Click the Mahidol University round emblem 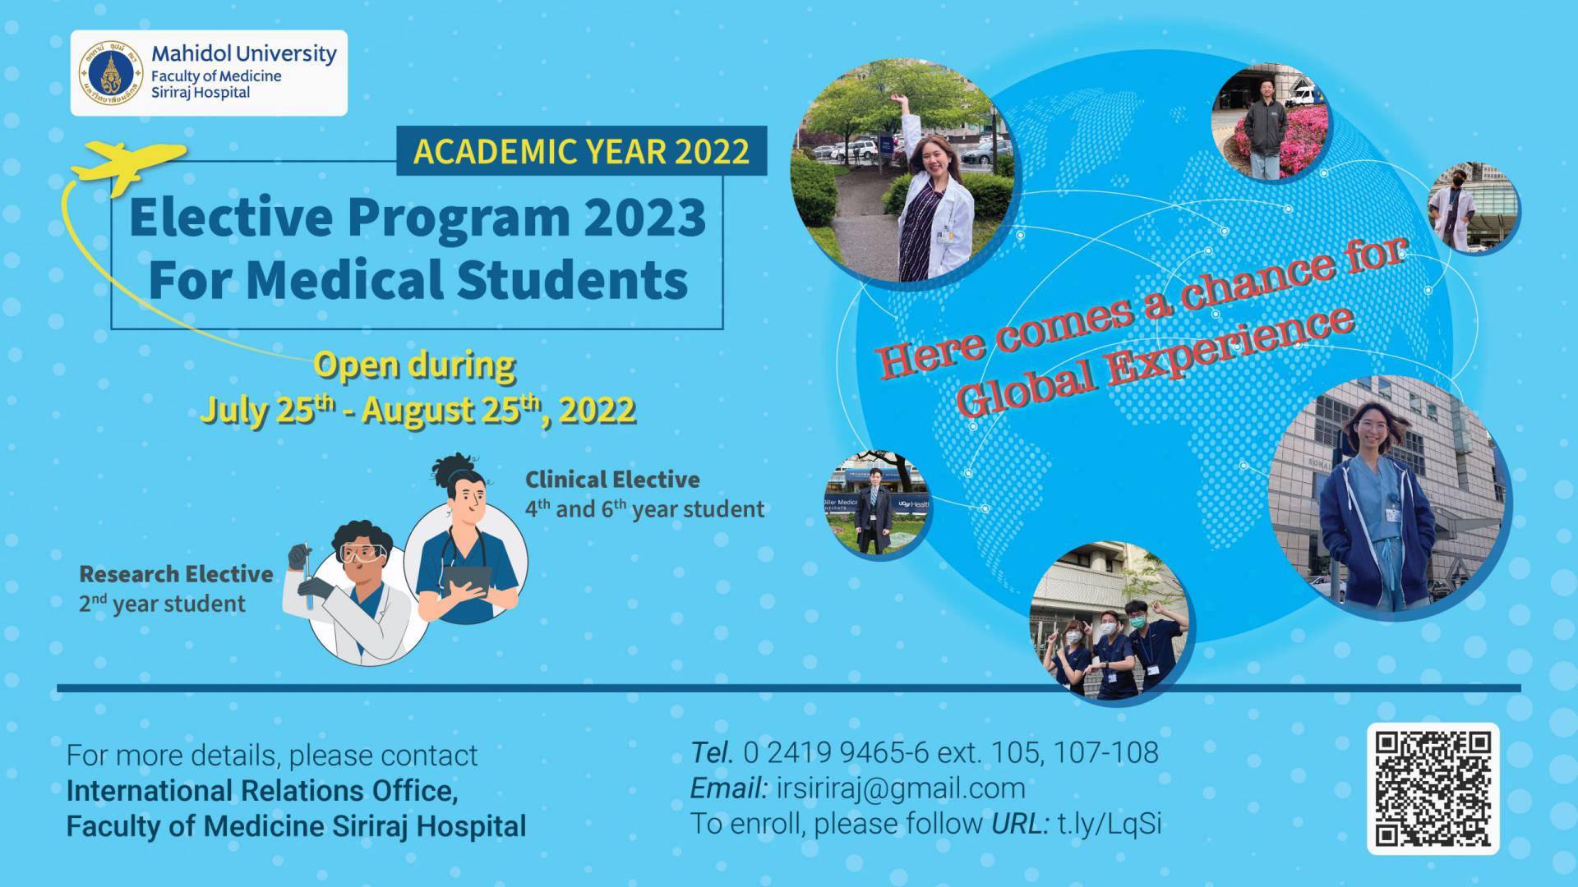tap(111, 74)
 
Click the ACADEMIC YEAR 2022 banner tap(582, 151)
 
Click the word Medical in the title tap(346, 280)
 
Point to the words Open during tap(415, 365)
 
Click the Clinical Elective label tap(612, 480)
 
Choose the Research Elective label tap(176, 574)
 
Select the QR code tap(1433, 789)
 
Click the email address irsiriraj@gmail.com tap(901, 788)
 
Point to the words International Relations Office tap(262, 791)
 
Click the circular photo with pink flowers tap(1270, 123)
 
